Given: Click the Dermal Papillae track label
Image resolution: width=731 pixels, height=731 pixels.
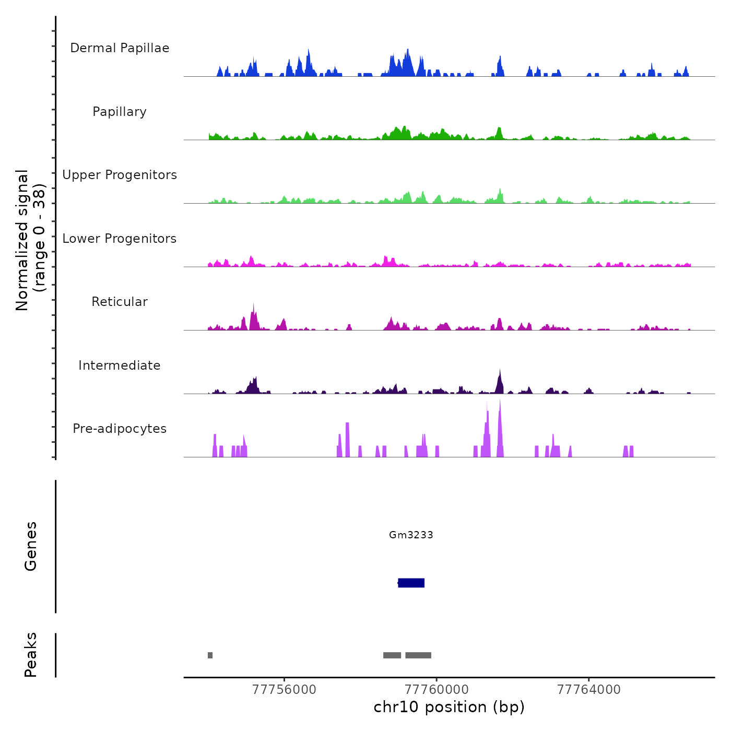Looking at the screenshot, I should (x=120, y=48).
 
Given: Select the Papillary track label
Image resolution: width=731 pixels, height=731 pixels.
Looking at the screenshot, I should (x=120, y=112).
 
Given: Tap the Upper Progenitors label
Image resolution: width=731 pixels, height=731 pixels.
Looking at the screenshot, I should (x=120, y=175).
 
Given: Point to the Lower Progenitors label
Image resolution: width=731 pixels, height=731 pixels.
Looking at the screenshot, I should (x=120, y=239).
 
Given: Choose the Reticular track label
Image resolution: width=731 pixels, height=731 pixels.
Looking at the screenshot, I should (x=120, y=302).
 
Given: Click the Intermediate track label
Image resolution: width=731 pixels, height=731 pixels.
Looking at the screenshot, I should (x=120, y=365).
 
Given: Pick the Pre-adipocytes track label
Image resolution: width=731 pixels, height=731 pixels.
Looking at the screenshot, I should (x=120, y=429).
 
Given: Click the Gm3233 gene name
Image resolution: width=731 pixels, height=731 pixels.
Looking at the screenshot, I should (x=411, y=535).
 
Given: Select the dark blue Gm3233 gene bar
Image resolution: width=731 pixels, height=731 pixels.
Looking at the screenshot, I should (x=411, y=583).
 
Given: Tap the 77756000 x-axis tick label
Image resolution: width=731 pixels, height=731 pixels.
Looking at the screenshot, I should (x=284, y=690).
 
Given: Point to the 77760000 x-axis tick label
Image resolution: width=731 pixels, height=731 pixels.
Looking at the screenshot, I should (x=437, y=690).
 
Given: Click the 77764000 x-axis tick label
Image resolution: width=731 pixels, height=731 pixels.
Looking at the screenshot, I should (x=589, y=690).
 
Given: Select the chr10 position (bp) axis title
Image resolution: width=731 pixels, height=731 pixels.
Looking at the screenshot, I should (x=449, y=707).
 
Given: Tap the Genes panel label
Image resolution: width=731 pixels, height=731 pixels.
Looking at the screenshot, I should (x=31, y=546).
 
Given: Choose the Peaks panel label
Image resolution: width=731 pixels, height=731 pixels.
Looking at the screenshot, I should (x=31, y=655).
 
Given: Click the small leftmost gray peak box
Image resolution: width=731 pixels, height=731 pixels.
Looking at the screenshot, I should (x=210, y=655).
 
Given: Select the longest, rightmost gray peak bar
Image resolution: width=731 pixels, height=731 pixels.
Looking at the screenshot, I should (x=418, y=655).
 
